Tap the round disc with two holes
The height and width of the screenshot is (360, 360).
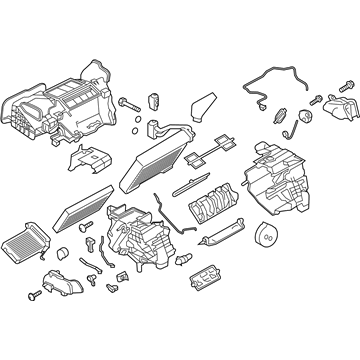[x=266, y=236]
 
